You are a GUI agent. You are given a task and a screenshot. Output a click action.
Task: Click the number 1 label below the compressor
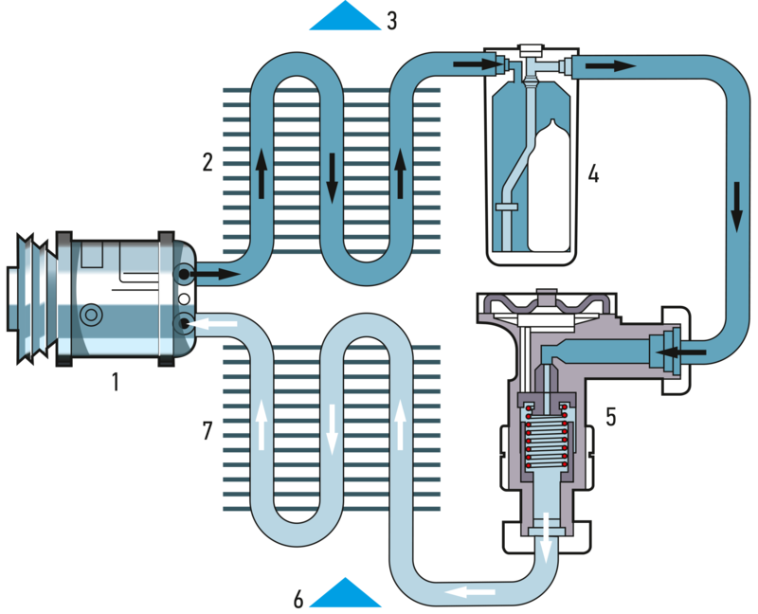coord(116,383)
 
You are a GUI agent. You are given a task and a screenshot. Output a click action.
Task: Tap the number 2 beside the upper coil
coord(208,161)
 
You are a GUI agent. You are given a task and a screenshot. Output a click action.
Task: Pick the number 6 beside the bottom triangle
coord(298,599)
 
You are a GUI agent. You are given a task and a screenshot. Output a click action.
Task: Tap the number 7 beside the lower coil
coord(208,432)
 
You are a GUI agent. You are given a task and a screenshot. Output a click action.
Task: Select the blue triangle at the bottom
coord(345,592)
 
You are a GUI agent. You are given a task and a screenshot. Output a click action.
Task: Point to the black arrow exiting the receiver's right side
coord(607,65)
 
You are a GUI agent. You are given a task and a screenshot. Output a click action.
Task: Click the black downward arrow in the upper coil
coord(333,178)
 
